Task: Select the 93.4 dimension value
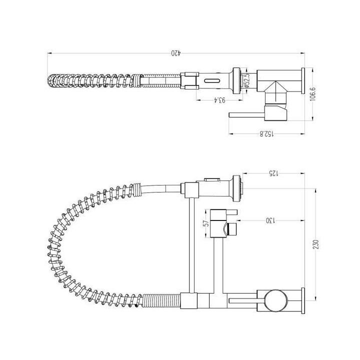pos(219,99)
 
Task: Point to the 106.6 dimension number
pos(313,94)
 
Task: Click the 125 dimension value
pos(272,173)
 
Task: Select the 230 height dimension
pos(315,245)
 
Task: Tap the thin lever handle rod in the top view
pos(245,114)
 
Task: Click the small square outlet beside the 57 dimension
pos(231,230)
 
